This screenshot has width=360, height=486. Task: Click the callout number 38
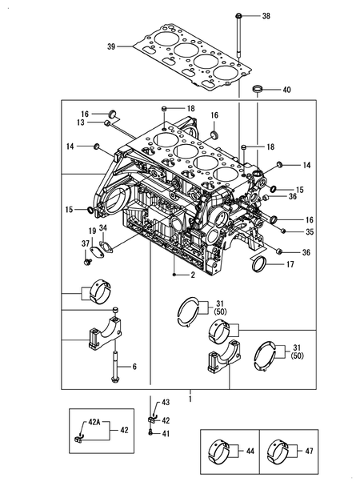[x=266, y=16]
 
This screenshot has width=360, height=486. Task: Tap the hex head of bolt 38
[x=238, y=15]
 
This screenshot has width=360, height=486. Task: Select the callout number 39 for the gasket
[x=111, y=46]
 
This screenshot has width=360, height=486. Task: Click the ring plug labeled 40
[x=258, y=88]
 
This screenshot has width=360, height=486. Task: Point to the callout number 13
[x=81, y=123]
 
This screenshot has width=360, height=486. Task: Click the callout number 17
[x=290, y=264]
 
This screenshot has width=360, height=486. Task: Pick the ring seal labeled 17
[x=259, y=264]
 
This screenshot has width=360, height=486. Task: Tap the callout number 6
[x=134, y=367]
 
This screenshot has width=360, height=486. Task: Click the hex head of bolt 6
[x=115, y=380]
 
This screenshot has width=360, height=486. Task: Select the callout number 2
[x=193, y=275]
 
